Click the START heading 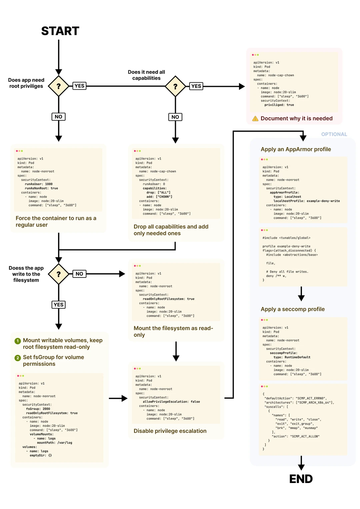(x=60, y=31)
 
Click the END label (x=301, y=479)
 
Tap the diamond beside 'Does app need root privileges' (x=59, y=86)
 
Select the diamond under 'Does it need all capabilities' (x=175, y=86)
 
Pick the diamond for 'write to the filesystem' (x=59, y=274)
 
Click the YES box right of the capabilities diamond (x=196, y=86)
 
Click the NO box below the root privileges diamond (x=58, y=117)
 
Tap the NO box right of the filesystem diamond (x=79, y=274)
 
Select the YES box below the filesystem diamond (x=58, y=304)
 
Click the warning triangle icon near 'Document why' (x=255, y=119)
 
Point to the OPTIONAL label (x=334, y=134)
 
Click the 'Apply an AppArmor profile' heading (x=296, y=149)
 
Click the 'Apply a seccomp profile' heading (x=292, y=309)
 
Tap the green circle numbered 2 (x=18, y=358)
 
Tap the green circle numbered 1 (x=18, y=341)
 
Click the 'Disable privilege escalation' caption (x=170, y=431)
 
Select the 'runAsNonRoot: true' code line (x=41, y=188)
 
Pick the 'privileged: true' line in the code (x=279, y=105)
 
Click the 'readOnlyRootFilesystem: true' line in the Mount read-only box (x=168, y=299)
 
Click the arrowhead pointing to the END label (x=301, y=467)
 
